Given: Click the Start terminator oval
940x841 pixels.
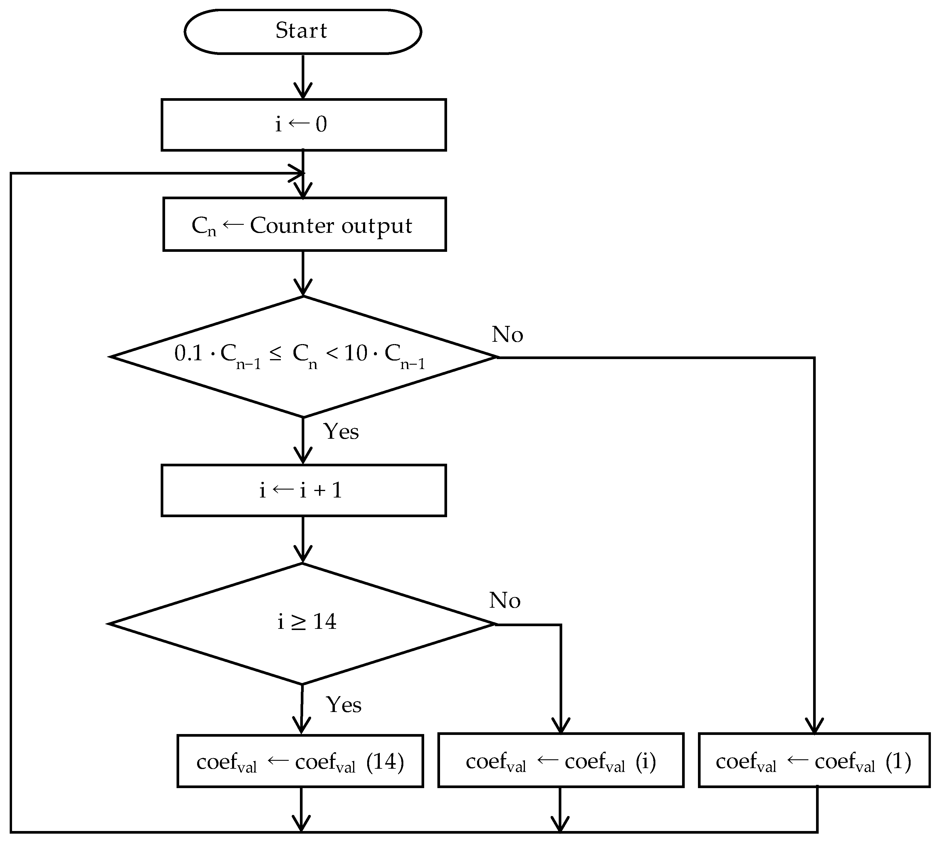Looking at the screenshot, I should pyautogui.click(x=303, y=31).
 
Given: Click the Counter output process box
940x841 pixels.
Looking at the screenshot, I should pyautogui.click(x=304, y=225).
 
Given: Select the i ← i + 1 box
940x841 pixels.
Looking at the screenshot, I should pyautogui.click(x=303, y=490).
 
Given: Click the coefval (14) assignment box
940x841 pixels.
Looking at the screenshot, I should pyautogui.click(x=300, y=761).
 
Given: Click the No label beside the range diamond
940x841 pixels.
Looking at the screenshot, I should pyautogui.click(x=507, y=334).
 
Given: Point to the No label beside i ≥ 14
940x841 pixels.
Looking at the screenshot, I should pyautogui.click(x=504, y=600).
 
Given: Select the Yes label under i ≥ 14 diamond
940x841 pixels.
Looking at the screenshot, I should pyautogui.click(x=344, y=704).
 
